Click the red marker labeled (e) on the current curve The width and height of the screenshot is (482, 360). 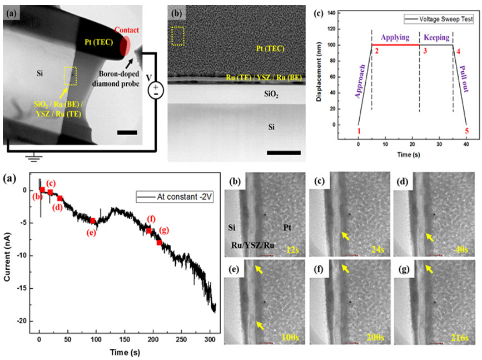click(x=92, y=221)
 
